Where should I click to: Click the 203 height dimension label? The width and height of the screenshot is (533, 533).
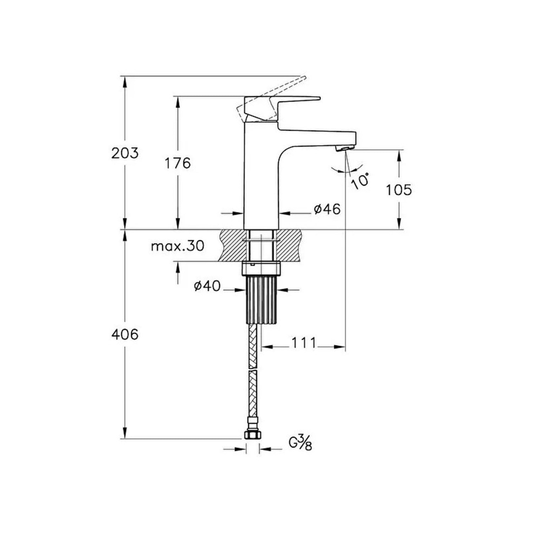coord(125,153)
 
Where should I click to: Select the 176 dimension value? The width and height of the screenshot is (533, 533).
coord(177,163)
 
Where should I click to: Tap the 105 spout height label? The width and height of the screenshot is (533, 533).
coord(399,190)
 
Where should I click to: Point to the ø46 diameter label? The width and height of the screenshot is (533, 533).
coord(327,209)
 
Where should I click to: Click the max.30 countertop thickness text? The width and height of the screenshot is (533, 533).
coord(177,246)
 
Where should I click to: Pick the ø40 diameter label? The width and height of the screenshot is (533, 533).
coord(207,286)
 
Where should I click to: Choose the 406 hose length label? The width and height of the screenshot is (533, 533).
coord(125,334)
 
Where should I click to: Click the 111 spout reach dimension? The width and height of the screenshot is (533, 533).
coord(304,343)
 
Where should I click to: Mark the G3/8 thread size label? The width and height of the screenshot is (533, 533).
coord(300,443)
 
